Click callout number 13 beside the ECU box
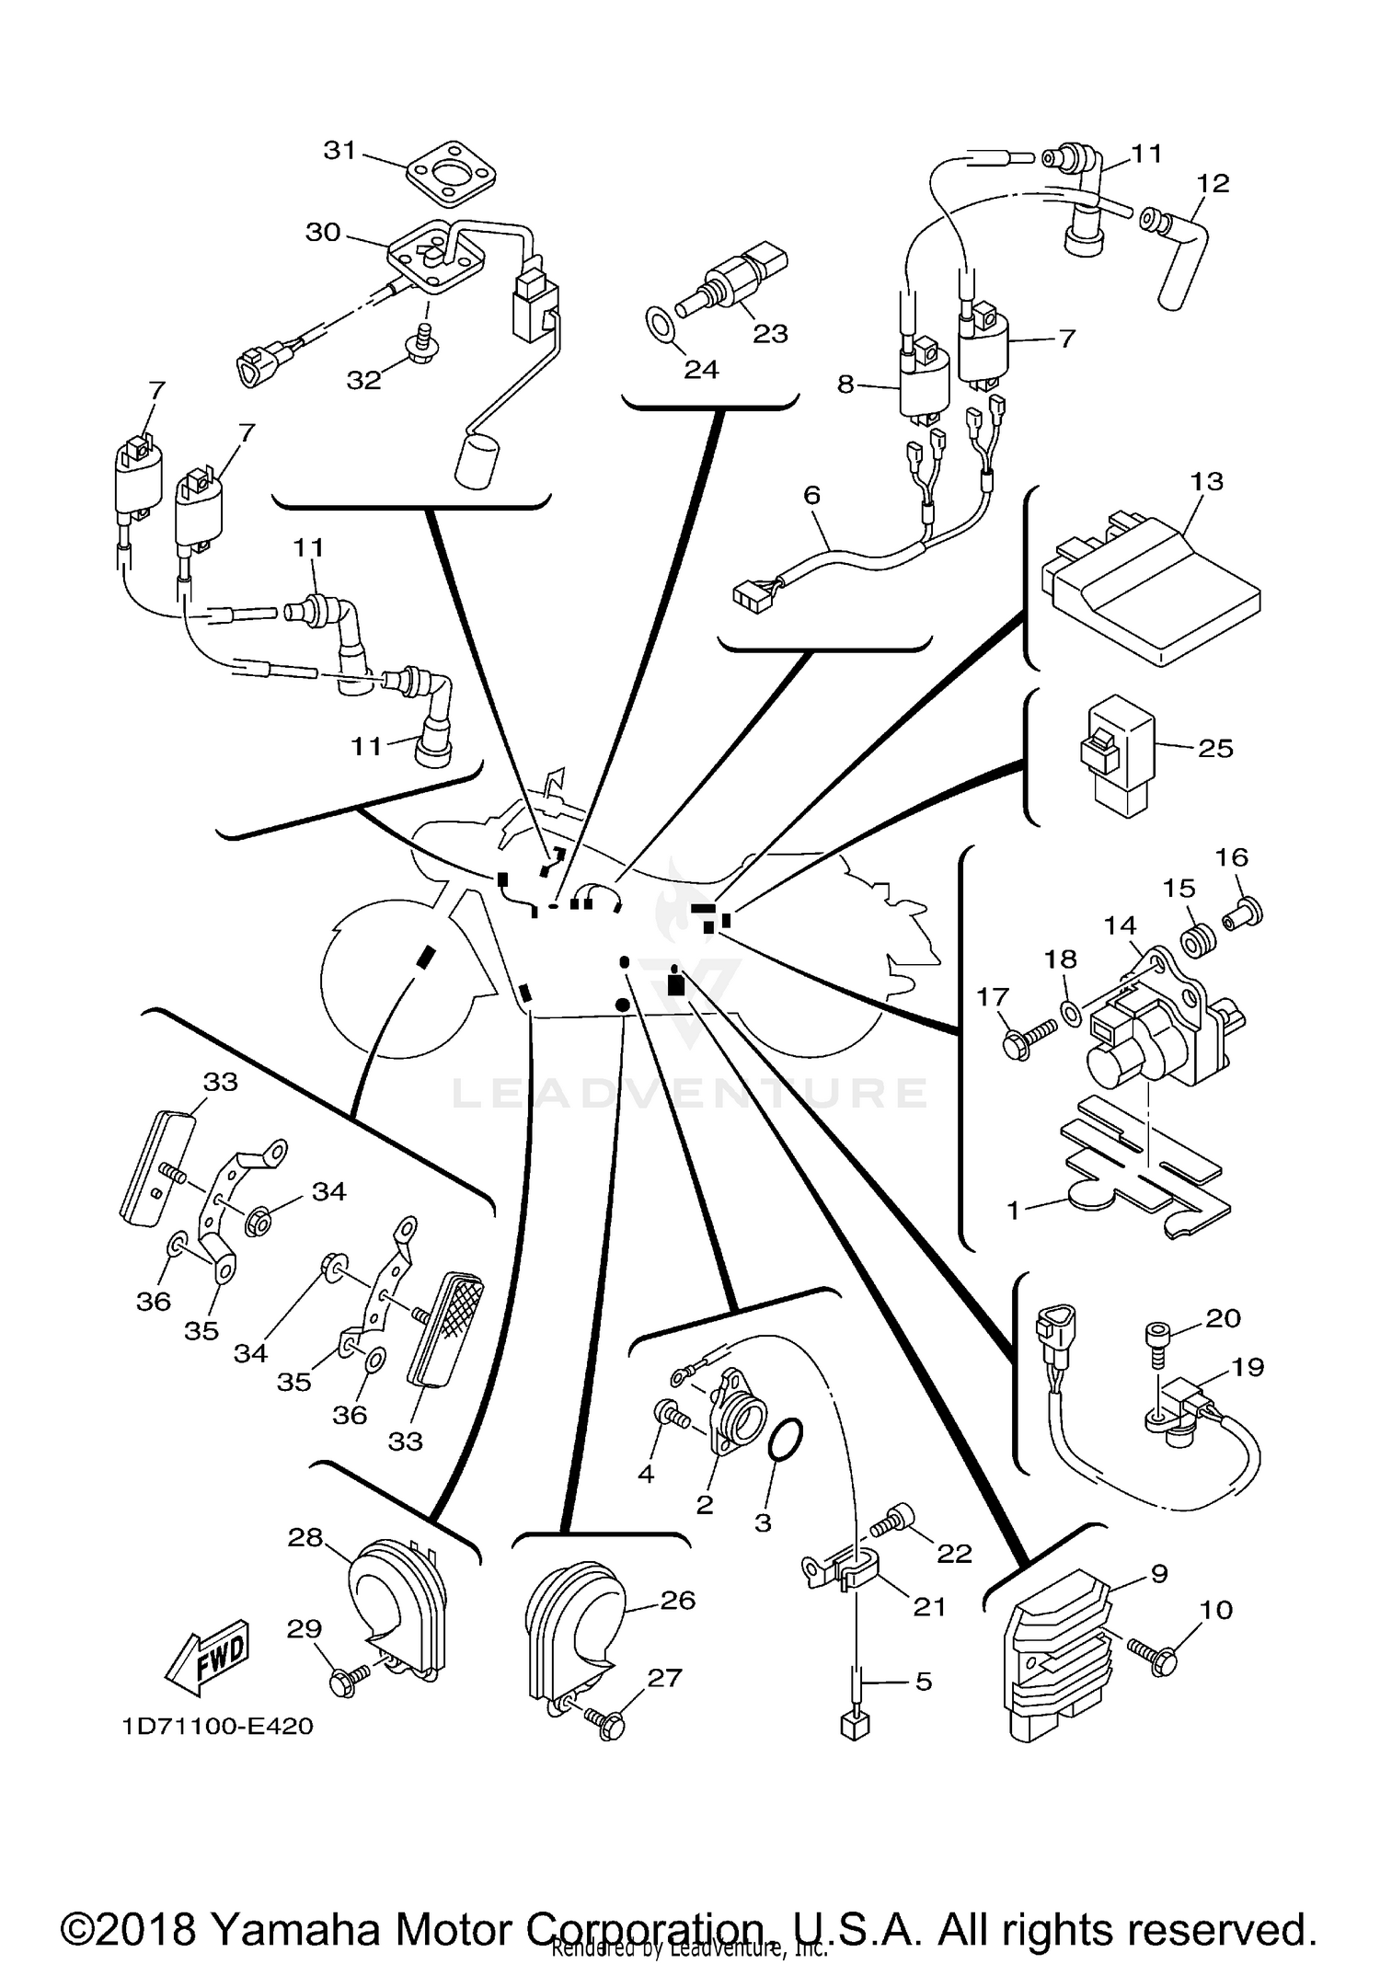click(1206, 481)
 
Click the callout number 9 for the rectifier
click(1158, 1574)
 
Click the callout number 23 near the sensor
click(770, 333)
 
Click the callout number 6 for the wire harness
click(811, 495)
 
